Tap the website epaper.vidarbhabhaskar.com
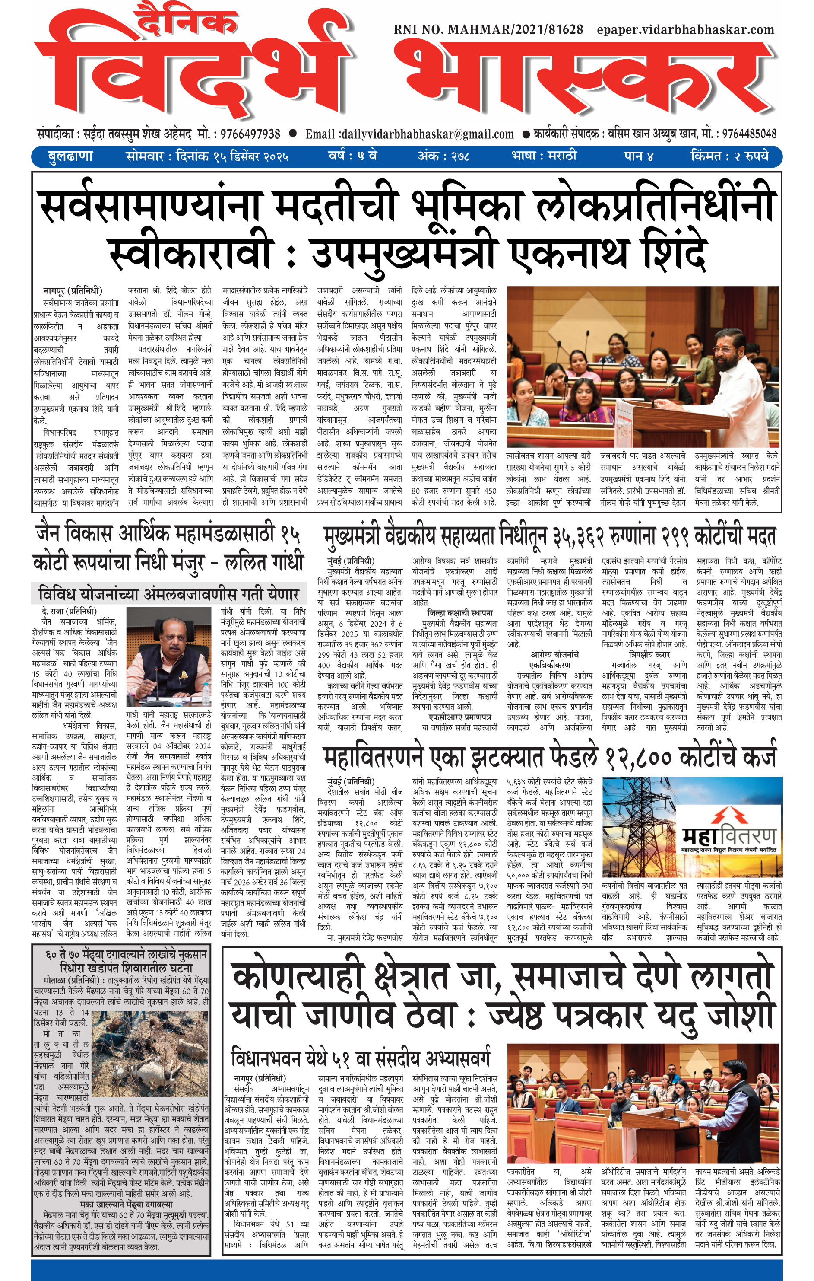click(x=685, y=30)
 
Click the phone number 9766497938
click(x=250, y=134)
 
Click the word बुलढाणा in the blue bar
click(x=70, y=156)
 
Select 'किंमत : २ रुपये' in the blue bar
click(x=729, y=156)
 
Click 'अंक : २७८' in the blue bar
click(x=443, y=156)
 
